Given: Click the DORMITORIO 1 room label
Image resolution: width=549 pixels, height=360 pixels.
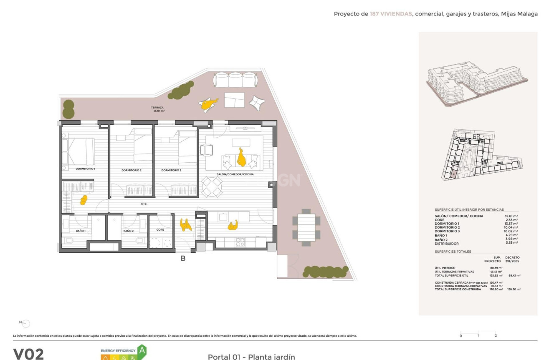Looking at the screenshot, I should (85, 169).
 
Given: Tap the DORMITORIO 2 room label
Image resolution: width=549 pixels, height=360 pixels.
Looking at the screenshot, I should (132, 170).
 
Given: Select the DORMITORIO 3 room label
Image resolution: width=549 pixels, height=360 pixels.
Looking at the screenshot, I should (171, 170).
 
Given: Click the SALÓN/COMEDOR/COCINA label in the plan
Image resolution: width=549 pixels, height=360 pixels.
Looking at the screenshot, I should (235, 174).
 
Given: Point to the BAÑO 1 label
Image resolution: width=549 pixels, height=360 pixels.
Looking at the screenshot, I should (81, 231).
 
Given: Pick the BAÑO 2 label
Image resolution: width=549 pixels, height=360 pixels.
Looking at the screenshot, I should (128, 231).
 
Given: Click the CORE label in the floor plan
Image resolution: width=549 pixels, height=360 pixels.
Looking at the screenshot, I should (160, 230).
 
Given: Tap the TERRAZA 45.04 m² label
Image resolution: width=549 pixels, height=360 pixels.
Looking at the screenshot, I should (158, 109).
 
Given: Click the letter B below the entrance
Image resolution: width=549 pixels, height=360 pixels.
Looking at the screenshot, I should (183, 258).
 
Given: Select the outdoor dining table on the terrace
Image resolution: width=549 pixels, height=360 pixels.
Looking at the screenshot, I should (306, 227).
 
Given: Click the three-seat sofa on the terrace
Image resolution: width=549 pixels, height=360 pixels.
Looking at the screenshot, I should (235, 79).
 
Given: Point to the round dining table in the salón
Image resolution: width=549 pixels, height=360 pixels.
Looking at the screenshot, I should (212, 186).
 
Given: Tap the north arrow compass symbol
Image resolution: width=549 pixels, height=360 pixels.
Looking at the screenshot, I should (25, 323).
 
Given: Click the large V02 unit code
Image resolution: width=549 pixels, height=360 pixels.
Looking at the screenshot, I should (28, 354).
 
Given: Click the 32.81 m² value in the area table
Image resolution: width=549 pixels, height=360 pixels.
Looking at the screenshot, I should (511, 216).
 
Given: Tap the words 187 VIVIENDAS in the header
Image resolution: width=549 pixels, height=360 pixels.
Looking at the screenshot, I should (390, 14).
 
